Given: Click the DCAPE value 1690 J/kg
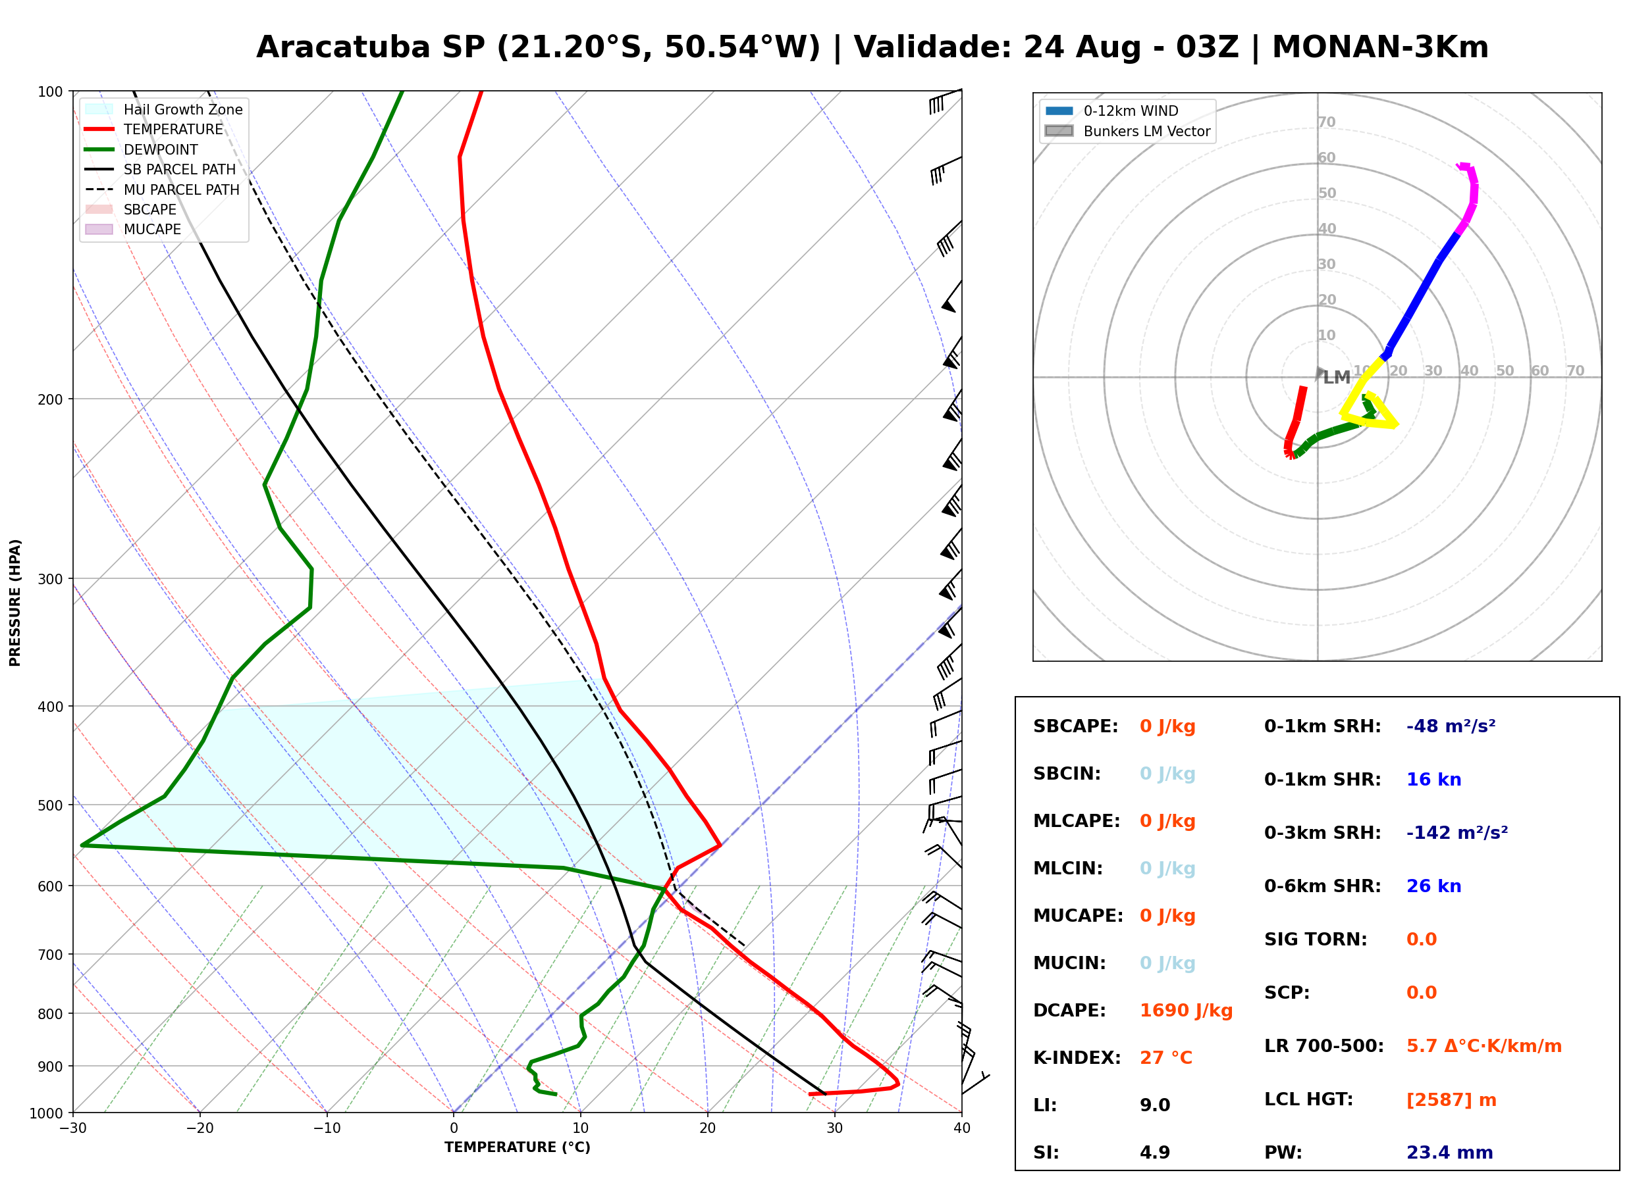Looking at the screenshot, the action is tap(1186, 1011).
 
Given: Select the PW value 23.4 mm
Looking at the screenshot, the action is tap(1449, 1152).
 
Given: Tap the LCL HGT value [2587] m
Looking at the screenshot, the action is tap(1451, 1100).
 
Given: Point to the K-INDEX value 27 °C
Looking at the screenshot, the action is tap(1166, 1057).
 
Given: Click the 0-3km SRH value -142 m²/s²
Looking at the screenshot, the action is tap(1457, 832).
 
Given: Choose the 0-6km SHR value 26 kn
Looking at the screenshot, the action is tap(1433, 886).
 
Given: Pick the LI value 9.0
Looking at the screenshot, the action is tap(1155, 1105).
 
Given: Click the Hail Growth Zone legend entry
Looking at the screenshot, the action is tap(163, 109).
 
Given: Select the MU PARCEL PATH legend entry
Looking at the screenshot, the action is tap(162, 189).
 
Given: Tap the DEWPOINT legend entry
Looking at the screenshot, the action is tap(142, 149).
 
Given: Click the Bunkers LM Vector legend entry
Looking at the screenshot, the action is tap(1127, 131).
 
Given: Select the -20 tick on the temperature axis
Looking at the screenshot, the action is tap(199, 1128).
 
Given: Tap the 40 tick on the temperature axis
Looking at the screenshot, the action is tap(962, 1128).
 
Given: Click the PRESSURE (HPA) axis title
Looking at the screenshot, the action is tap(15, 603).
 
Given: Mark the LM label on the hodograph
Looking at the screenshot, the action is tap(1337, 378).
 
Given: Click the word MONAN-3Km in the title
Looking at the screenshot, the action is tap(1380, 47).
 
